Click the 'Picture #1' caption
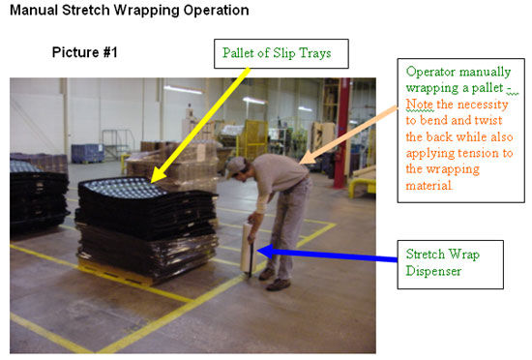click(x=86, y=52)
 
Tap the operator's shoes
click(x=279, y=284)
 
